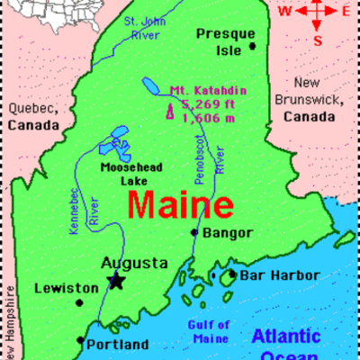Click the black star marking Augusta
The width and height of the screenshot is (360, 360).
tap(116, 281)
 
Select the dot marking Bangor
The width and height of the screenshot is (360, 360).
tap(193, 232)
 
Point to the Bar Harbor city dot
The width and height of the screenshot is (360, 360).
tap(231, 274)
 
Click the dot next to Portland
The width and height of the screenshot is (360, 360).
tap(80, 341)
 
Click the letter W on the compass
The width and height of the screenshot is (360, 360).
tap(284, 11)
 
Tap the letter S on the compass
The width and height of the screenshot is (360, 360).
tap(317, 40)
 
